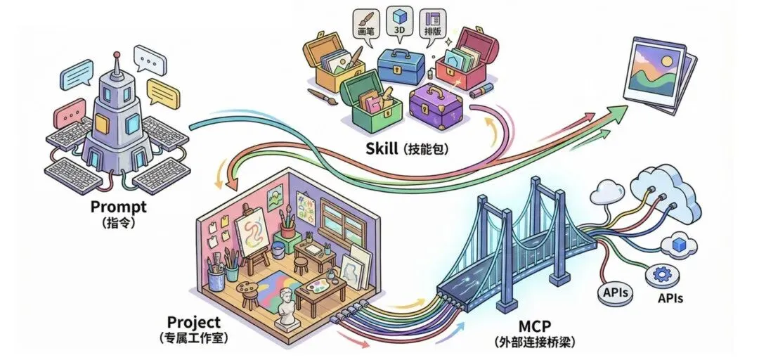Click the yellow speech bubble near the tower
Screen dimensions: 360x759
(x=164, y=91)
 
